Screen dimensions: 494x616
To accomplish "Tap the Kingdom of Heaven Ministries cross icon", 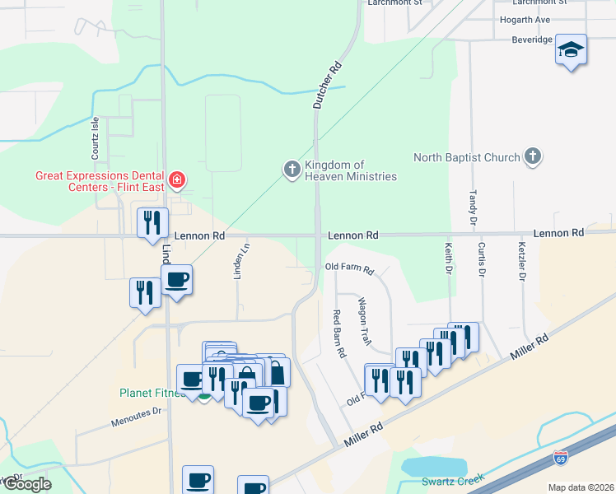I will click(292, 170).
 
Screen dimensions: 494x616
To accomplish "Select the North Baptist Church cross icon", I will click(533, 156).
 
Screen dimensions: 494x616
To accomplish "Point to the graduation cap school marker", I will click(571, 50).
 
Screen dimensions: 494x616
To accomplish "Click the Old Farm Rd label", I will click(349, 268).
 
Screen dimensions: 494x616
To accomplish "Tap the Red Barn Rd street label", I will click(338, 333).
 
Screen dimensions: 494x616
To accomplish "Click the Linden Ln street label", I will click(238, 260).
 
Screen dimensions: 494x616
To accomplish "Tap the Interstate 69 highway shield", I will click(562, 456).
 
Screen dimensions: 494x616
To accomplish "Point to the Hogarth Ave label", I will click(525, 20).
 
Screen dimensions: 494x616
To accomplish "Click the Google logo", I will click(26, 484).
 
